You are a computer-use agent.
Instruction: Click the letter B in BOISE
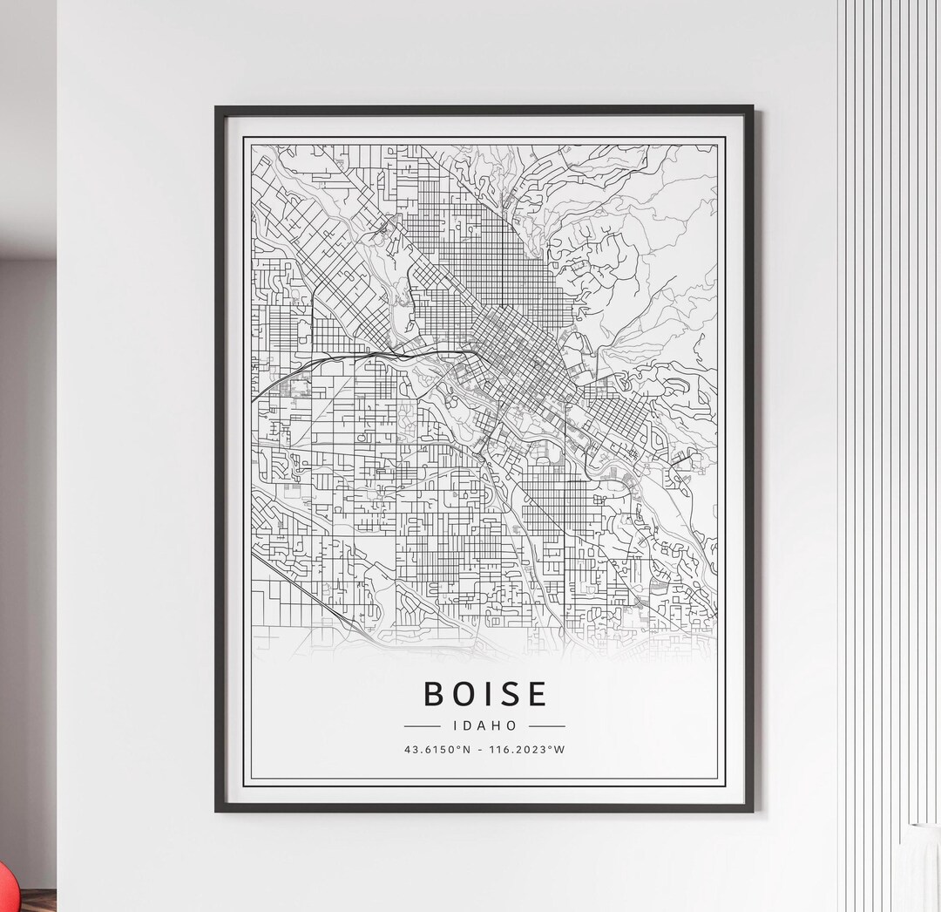point(435,694)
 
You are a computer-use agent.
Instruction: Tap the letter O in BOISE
point(467,694)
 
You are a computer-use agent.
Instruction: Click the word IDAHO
point(485,725)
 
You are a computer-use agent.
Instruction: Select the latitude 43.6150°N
point(437,750)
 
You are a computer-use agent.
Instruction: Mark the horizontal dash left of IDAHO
point(423,725)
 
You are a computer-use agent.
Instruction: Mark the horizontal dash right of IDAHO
point(547,725)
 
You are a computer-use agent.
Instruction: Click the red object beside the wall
point(6,886)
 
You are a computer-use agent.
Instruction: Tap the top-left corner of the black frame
point(217,108)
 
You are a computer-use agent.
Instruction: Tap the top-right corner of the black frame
point(751,108)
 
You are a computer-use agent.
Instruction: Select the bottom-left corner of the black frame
point(217,810)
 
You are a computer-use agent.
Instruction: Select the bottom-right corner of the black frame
point(751,810)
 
